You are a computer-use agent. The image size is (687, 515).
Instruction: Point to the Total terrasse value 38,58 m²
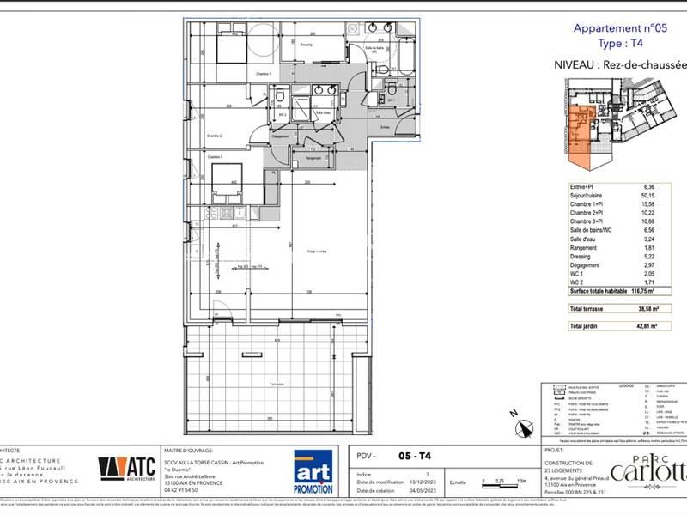643,309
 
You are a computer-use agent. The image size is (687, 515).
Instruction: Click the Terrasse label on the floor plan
277,384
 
